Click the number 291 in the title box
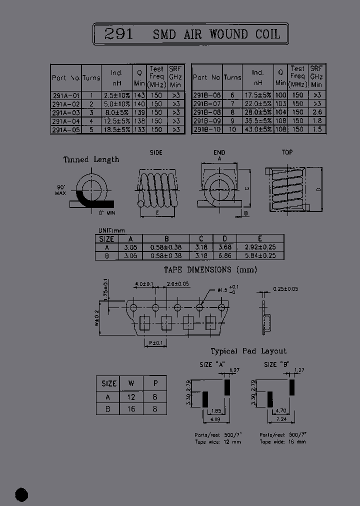(119, 34)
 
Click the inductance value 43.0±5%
(258, 129)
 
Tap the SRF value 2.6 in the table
(316, 112)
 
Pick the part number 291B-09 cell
(206, 121)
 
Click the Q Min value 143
(139, 95)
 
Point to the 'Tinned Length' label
(91, 160)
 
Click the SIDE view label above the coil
(156, 152)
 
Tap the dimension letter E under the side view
(158, 213)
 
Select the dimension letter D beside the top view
(318, 189)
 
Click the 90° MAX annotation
(61, 190)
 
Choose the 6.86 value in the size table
(226, 255)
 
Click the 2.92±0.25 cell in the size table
(260, 247)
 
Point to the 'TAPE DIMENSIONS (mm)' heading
(210, 270)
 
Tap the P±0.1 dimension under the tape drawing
(155, 342)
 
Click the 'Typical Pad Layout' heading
(248, 351)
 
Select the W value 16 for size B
(131, 408)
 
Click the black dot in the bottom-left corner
(21, 494)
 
